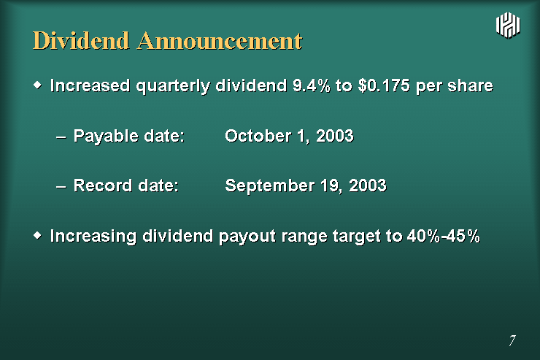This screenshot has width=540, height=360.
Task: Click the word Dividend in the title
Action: (81, 41)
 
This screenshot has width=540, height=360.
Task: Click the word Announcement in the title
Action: (220, 41)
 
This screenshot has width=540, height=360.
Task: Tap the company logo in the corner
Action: (508, 25)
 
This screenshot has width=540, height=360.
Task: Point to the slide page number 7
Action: (512, 340)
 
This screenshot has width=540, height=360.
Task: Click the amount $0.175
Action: (384, 85)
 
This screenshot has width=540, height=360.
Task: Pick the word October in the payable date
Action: (258, 136)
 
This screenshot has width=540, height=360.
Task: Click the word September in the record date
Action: (270, 186)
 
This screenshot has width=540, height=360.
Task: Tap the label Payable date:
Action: (129, 136)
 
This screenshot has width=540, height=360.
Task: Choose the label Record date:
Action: (126, 185)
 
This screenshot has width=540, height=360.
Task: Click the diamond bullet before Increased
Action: (37, 85)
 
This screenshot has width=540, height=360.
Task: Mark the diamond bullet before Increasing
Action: (37, 235)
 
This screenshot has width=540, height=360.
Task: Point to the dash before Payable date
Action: (61, 137)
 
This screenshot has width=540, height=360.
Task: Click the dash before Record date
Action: (61, 187)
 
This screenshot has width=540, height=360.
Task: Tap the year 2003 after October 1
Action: (335, 136)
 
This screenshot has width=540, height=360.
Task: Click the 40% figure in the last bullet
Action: (423, 236)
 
